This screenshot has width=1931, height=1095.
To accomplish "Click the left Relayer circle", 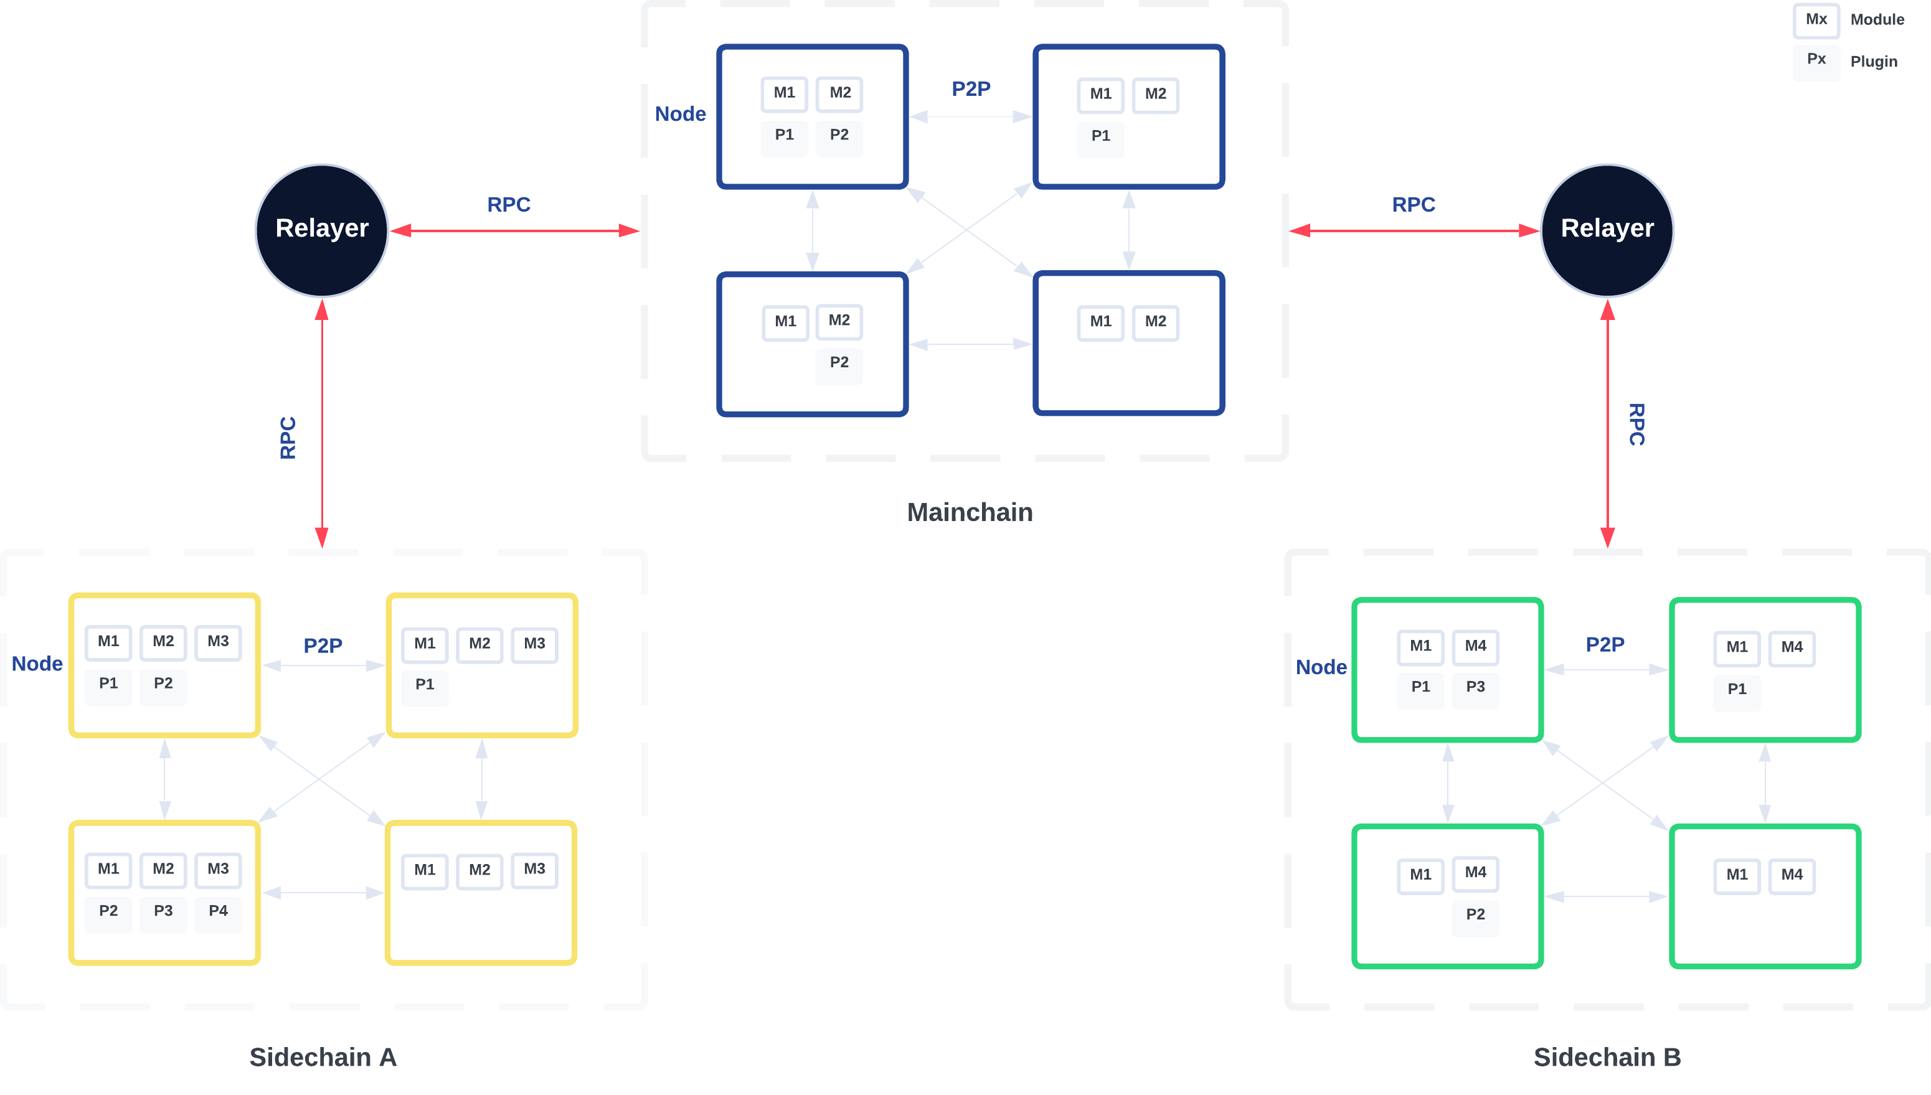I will pos(322,230).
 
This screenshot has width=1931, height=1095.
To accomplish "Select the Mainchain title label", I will pos(970,513).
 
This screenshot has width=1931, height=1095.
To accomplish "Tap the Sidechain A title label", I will pos(323,1058).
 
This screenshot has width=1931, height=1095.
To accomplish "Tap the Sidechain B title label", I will pos(1607,1058).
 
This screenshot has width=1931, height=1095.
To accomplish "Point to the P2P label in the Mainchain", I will pos(970,89).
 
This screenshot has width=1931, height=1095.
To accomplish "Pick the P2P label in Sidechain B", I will pos(1605,644).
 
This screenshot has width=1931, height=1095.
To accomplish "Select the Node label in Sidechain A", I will pos(37,664).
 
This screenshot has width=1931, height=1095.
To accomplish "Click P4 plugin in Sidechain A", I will pos(218,911).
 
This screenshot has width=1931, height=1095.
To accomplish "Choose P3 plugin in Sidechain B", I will pos(1475,687).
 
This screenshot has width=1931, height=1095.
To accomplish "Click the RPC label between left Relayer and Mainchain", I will pos(509,205).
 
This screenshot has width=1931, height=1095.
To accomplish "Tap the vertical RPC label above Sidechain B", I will pos(1636,425).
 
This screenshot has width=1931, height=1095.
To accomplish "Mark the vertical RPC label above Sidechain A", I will pos(288,438).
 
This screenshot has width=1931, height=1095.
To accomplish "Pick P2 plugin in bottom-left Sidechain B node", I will pos(1475,915).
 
